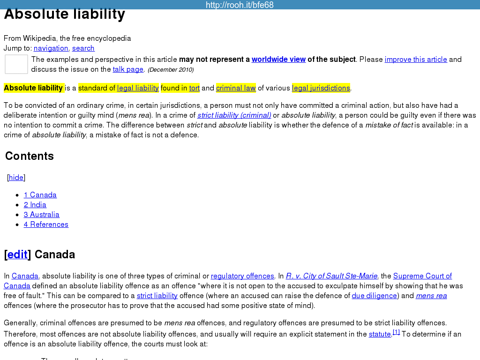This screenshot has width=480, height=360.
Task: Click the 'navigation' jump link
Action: click(51, 48)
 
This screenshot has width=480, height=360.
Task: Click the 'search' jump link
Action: click(83, 48)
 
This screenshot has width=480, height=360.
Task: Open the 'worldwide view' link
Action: click(278, 60)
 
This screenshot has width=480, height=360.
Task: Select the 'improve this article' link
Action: click(416, 60)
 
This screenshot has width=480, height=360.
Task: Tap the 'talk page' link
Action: click(128, 69)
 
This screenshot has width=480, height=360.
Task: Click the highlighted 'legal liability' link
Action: click(138, 88)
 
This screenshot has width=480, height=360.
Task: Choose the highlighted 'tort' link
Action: click(195, 88)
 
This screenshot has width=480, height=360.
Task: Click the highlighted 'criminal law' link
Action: click(236, 88)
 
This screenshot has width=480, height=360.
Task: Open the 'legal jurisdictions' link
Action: click(321, 88)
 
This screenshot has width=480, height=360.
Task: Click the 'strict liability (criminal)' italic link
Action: click(234, 115)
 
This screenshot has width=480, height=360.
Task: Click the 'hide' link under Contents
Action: click(16, 178)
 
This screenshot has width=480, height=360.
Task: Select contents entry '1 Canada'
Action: click(40, 195)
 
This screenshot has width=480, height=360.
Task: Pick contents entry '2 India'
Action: click(35, 205)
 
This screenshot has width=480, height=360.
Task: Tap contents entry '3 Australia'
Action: click(42, 215)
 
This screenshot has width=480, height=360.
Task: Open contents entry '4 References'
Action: click(46, 225)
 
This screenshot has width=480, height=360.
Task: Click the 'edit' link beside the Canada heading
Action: click(17, 255)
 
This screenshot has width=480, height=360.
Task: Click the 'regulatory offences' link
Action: click(242, 276)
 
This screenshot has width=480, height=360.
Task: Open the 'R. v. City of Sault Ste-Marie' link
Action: click(331, 276)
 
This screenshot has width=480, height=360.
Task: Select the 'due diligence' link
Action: click(375, 296)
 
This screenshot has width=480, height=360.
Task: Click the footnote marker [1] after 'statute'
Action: click(396, 332)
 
